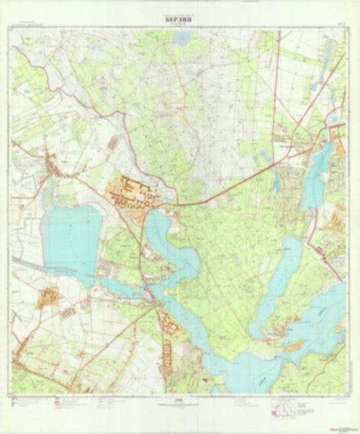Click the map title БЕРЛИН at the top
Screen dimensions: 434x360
(180, 20)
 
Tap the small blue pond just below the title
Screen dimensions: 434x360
(182, 39)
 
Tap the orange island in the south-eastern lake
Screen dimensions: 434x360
(292, 347)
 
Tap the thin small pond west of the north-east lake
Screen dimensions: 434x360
(277, 178)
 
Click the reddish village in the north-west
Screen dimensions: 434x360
(51, 166)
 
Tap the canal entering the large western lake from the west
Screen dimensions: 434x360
(27, 264)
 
